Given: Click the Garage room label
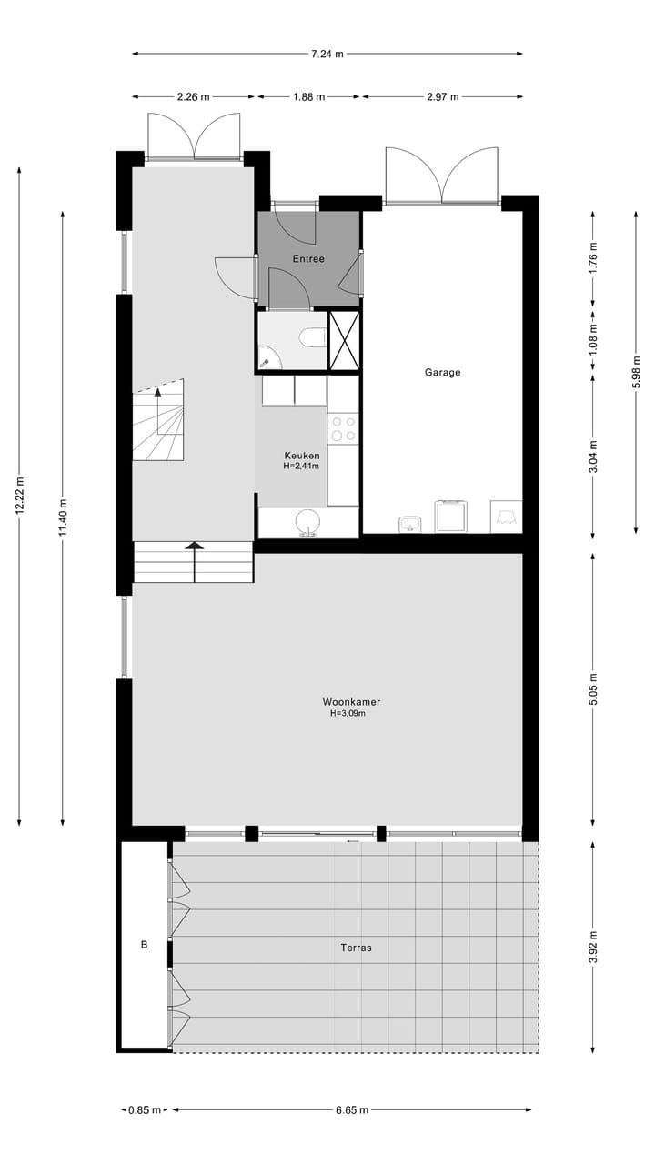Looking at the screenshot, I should (x=442, y=372).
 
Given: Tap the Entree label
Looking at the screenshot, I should (x=308, y=259).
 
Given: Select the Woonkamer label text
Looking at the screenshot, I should (x=351, y=702).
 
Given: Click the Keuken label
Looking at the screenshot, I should (x=302, y=456).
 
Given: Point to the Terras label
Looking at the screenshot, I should (x=356, y=948).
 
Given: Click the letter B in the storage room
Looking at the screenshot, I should (x=144, y=946).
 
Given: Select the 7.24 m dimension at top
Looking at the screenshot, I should (x=327, y=54).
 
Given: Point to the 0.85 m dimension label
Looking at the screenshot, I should (x=144, y=1109).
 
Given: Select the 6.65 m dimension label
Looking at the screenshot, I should (x=352, y=1109).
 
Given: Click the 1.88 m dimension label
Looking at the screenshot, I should (x=308, y=96).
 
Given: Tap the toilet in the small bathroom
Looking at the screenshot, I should (x=312, y=339).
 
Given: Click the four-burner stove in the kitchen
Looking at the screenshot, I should (x=343, y=428).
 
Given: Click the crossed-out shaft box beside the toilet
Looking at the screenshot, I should (x=344, y=341).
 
